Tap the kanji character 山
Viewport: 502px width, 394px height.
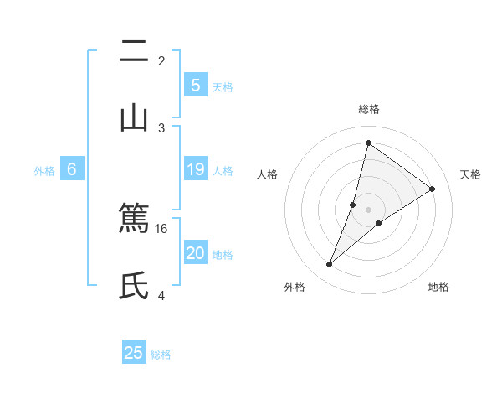click(x=134, y=118)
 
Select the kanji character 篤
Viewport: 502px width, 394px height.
click(x=134, y=219)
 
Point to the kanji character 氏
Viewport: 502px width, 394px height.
click(x=134, y=286)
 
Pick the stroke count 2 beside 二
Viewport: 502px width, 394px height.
click(x=161, y=60)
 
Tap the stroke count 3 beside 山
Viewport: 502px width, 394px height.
click(x=161, y=127)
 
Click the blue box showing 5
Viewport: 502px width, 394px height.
click(x=195, y=85)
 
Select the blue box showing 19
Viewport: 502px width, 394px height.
click(x=195, y=169)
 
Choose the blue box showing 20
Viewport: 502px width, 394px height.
click(x=195, y=253)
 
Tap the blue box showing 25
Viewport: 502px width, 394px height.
click(x=134, y=353)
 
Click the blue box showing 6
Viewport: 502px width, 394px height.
click(x=72, y=169)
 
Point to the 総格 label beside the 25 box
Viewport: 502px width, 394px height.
click(x=161, y=355)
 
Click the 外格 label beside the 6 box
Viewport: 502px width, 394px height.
click(x=44, y=171)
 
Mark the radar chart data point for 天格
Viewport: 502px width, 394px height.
click(x=433, y=189)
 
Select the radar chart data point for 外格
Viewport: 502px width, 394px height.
click(x=330, y=265)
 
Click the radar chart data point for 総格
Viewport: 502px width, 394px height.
click(x=368, y=143)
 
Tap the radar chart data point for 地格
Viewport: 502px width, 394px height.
click(x=379, y=223)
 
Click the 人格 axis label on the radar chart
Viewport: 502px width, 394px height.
click(x=267, y=174)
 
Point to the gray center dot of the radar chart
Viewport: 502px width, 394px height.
click(x=368, y=209)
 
